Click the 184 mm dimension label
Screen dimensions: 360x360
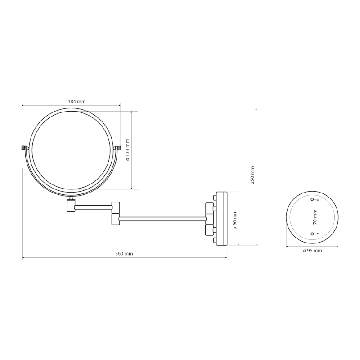[77, 101]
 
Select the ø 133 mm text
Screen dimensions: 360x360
[127, 150]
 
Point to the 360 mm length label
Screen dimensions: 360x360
[124, 254]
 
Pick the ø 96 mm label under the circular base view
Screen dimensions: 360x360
[312, 251]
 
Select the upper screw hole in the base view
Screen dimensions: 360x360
[312, 199]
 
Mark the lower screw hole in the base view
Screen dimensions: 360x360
[312, 234]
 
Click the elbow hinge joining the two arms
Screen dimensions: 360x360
[116, 213]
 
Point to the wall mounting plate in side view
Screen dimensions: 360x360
[222, 218]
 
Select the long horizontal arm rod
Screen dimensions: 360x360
[162, 219]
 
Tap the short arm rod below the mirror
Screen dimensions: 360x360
[93, 207]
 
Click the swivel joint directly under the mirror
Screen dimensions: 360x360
[71, 204]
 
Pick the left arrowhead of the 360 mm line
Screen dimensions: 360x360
[24, 258]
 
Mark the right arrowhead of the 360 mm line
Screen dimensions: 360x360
[226, 258]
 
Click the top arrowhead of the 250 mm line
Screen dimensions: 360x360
[257, 109]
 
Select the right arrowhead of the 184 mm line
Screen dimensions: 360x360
[119, 106]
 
